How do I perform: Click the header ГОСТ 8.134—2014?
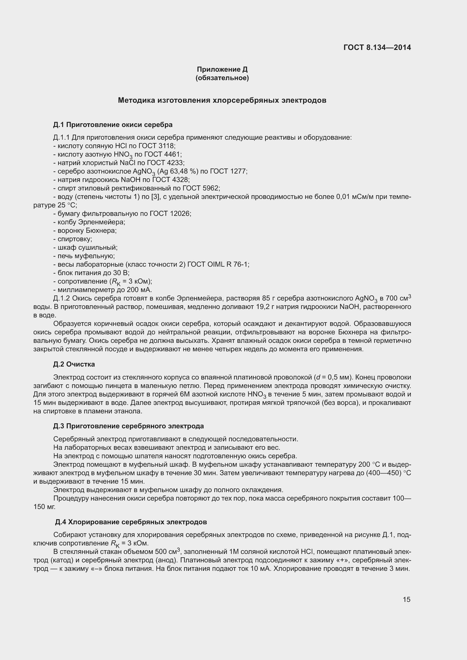[377, 47]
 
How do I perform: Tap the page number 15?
[406, 599]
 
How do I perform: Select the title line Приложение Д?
[222, 69]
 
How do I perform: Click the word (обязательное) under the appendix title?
[222, 78]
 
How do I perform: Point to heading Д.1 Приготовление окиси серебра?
[113, 125]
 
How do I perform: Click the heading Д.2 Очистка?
[74, 364]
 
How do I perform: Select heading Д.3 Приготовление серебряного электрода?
[128, 426]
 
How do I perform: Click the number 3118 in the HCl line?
[166, 146]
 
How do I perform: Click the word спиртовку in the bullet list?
[75, 239]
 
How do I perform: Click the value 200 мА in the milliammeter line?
[141, 290]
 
